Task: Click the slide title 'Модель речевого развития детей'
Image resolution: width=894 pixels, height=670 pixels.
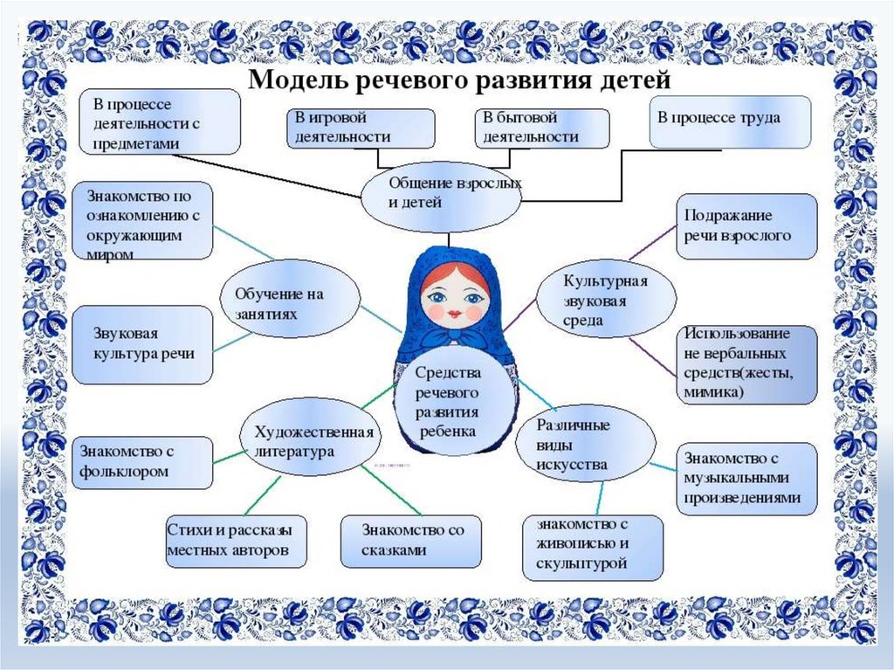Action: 460,81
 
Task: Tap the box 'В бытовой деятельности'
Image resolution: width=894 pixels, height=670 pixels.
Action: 541,128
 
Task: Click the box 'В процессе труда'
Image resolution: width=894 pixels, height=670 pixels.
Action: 731,121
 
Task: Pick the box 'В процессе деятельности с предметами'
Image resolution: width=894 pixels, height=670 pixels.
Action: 161,121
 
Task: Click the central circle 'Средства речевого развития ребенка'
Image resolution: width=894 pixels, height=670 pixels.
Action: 446,402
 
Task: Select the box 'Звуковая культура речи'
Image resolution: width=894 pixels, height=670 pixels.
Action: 142,344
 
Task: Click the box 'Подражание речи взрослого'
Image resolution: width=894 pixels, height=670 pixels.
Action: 746,226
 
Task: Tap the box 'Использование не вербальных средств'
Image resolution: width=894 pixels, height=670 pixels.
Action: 746,364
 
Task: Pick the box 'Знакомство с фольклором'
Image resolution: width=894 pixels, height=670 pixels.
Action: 142,462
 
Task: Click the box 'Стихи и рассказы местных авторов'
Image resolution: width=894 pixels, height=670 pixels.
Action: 229,541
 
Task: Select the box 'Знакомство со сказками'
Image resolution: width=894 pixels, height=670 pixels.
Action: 410,541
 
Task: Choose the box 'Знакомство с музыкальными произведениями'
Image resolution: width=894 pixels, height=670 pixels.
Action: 746,478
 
